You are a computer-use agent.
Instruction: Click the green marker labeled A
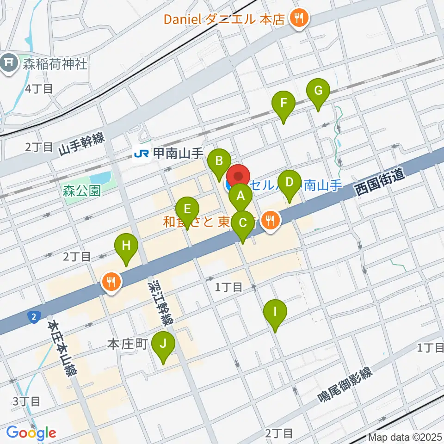240,197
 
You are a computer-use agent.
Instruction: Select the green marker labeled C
243,225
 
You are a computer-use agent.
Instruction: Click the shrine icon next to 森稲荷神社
9,63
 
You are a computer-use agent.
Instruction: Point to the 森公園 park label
82,191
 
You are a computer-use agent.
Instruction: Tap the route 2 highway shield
33,317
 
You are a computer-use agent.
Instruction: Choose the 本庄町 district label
127,344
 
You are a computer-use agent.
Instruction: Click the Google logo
31,433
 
